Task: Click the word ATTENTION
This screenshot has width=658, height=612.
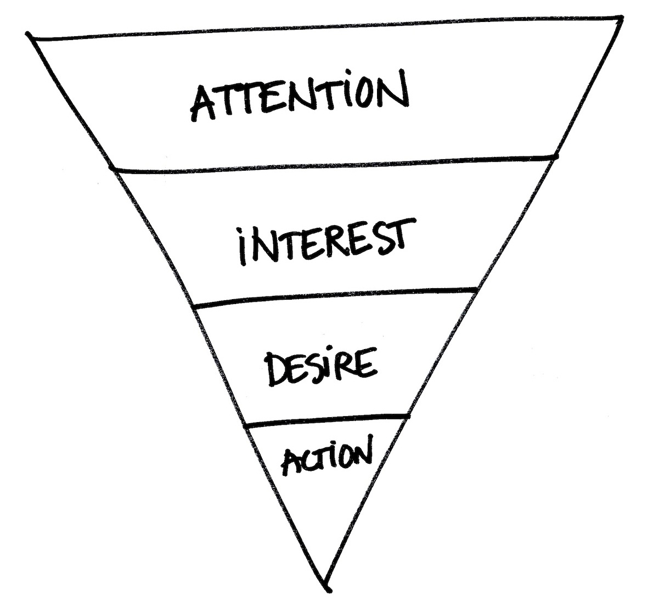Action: tap(299, 99)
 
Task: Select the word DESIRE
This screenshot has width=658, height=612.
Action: tap(321, 367)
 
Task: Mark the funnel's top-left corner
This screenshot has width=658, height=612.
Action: tap(27, 36)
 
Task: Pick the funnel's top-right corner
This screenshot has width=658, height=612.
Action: tap(622, 18)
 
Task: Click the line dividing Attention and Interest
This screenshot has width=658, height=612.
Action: tap(335, 163)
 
